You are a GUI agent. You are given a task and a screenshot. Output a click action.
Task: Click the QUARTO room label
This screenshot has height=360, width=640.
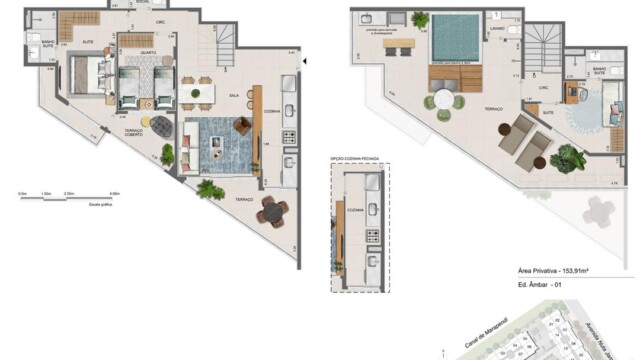click(146, 53)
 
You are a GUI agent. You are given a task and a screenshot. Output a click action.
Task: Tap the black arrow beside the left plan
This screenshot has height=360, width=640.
click(306, 62)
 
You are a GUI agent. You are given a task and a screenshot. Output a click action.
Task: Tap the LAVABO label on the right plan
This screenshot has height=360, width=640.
click(496, 30)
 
